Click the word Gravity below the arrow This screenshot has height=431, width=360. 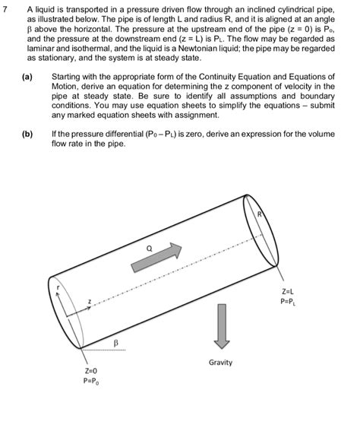click(220, 363)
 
